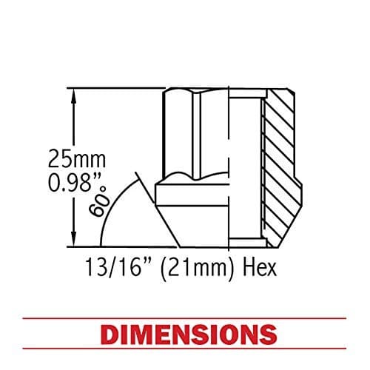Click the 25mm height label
coord(78,158)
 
